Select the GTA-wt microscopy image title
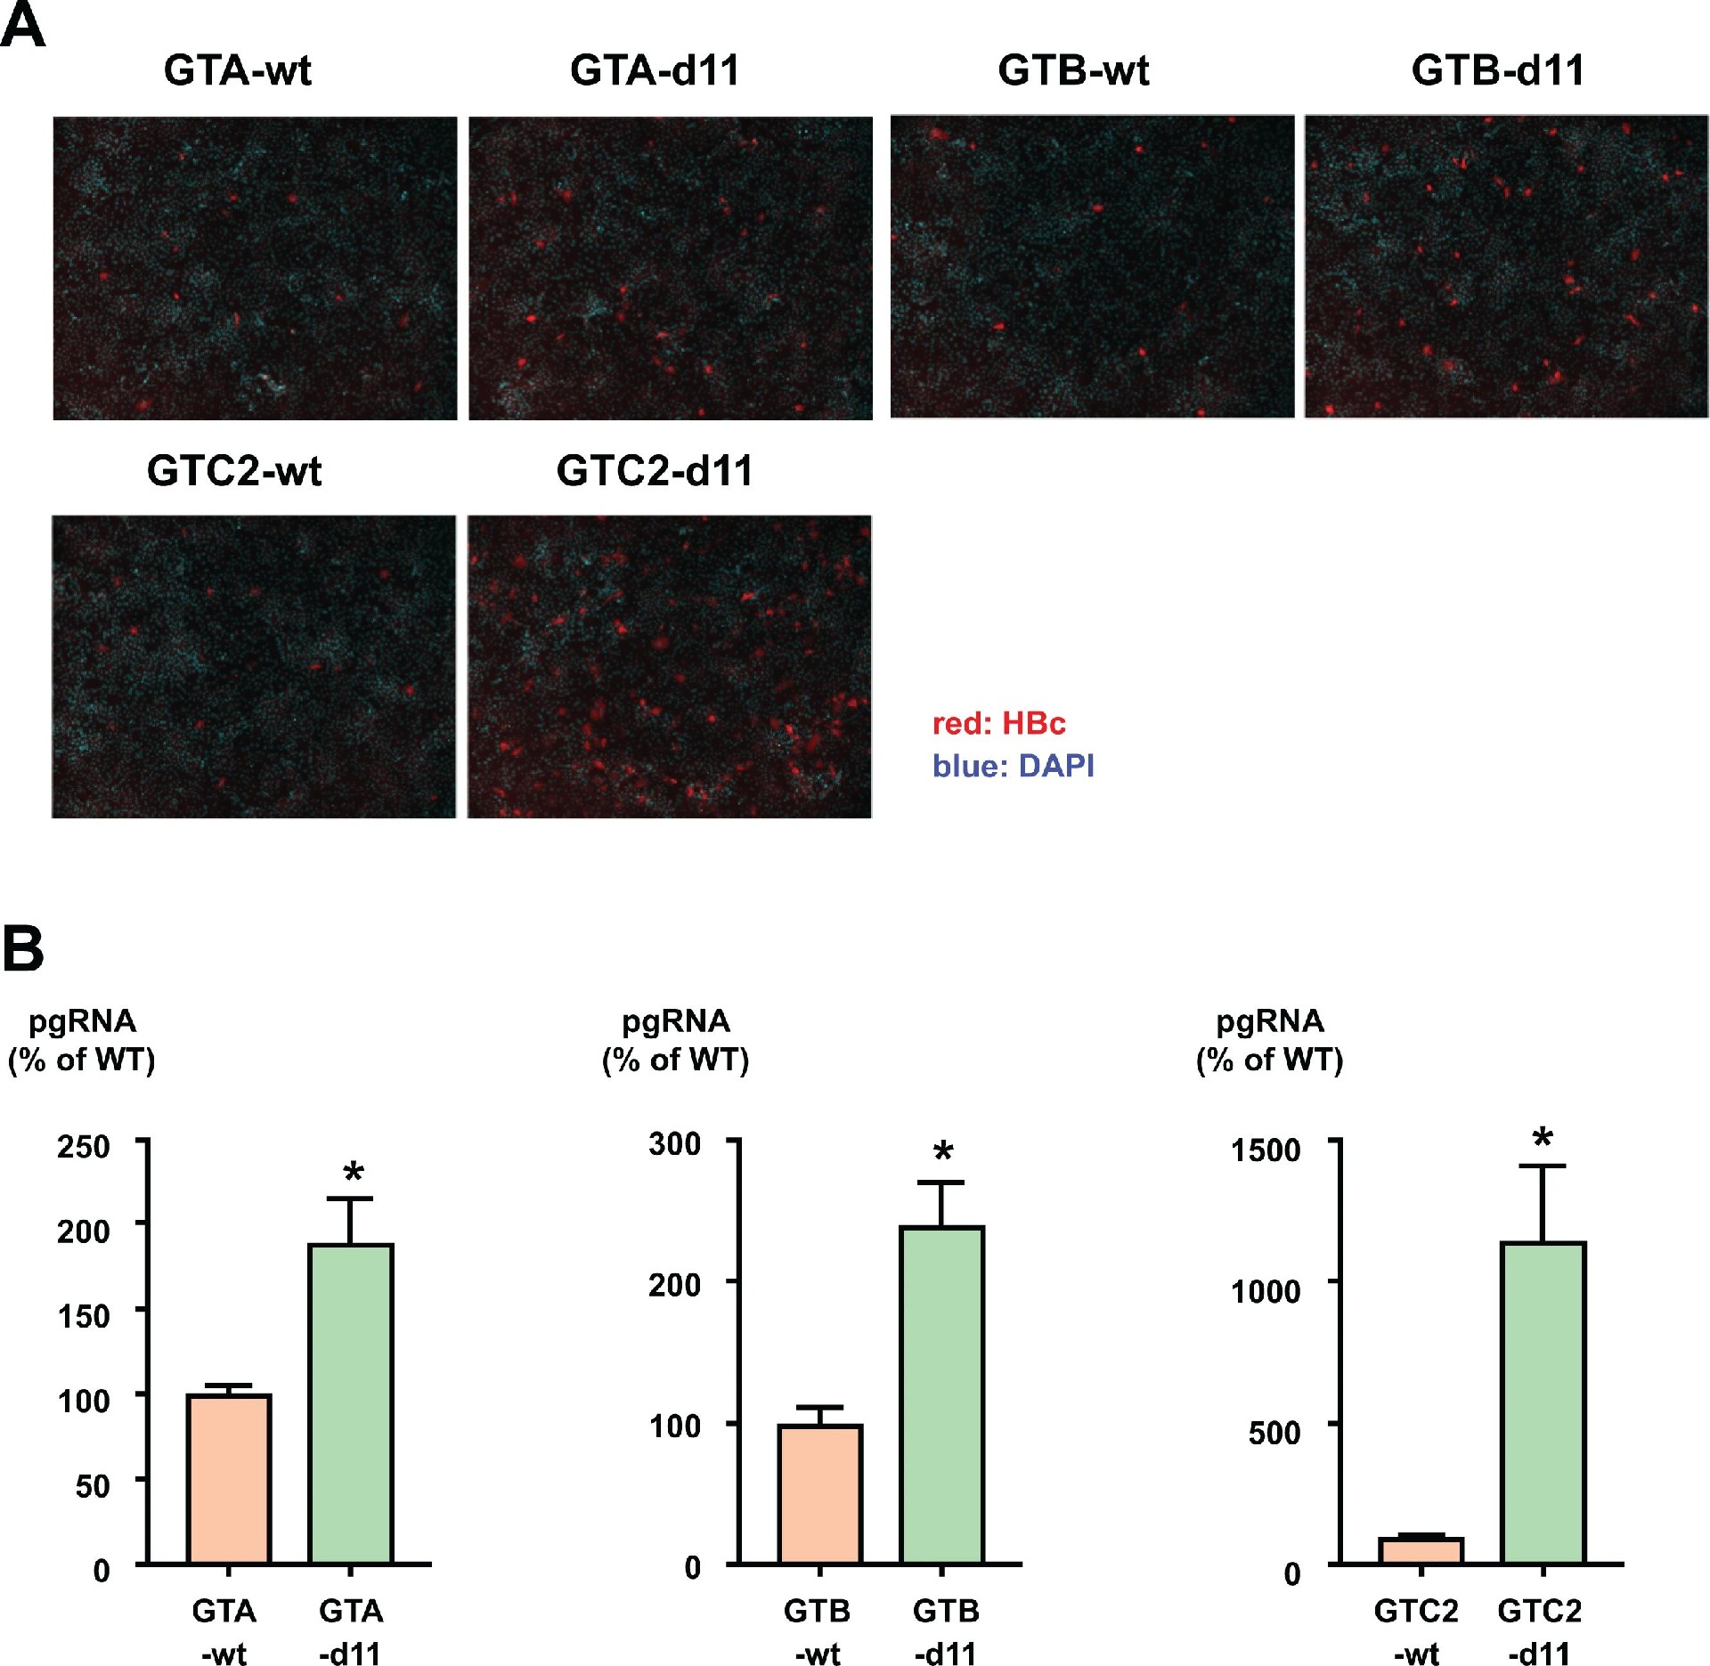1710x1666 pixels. [238, 70]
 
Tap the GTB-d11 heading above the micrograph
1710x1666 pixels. [1498, 70]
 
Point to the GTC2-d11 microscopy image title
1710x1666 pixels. [655, 471]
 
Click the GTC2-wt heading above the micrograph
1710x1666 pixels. [234, 471]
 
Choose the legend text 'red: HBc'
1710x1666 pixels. [998, 723]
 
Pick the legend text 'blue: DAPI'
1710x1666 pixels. [1013, 766]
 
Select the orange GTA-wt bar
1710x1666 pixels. [229, 1478]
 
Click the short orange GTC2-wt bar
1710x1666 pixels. [1421, 1550]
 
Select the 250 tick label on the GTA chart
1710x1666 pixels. [84, 1147]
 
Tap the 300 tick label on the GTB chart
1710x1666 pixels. [675, 1144]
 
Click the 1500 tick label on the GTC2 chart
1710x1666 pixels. [1266, 1150]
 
